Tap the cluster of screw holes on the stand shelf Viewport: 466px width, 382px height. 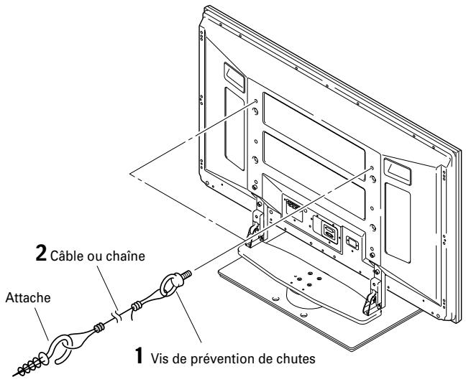click(x=301, y=276)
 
